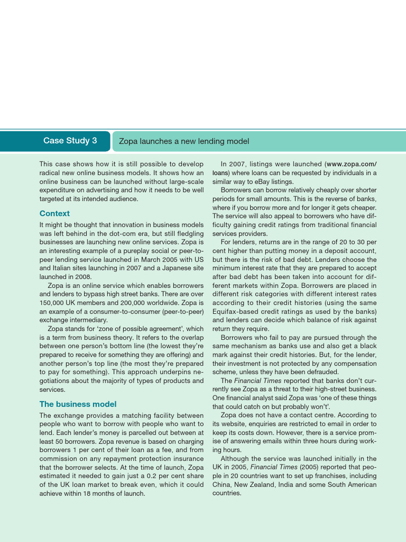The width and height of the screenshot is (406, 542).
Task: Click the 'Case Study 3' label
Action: pos(70,141)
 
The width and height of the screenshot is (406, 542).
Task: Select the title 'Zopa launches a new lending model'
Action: pos(184,141)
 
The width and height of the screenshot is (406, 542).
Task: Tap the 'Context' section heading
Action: pos(54,213)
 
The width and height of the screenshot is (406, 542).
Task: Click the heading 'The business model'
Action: pos(78,404)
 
